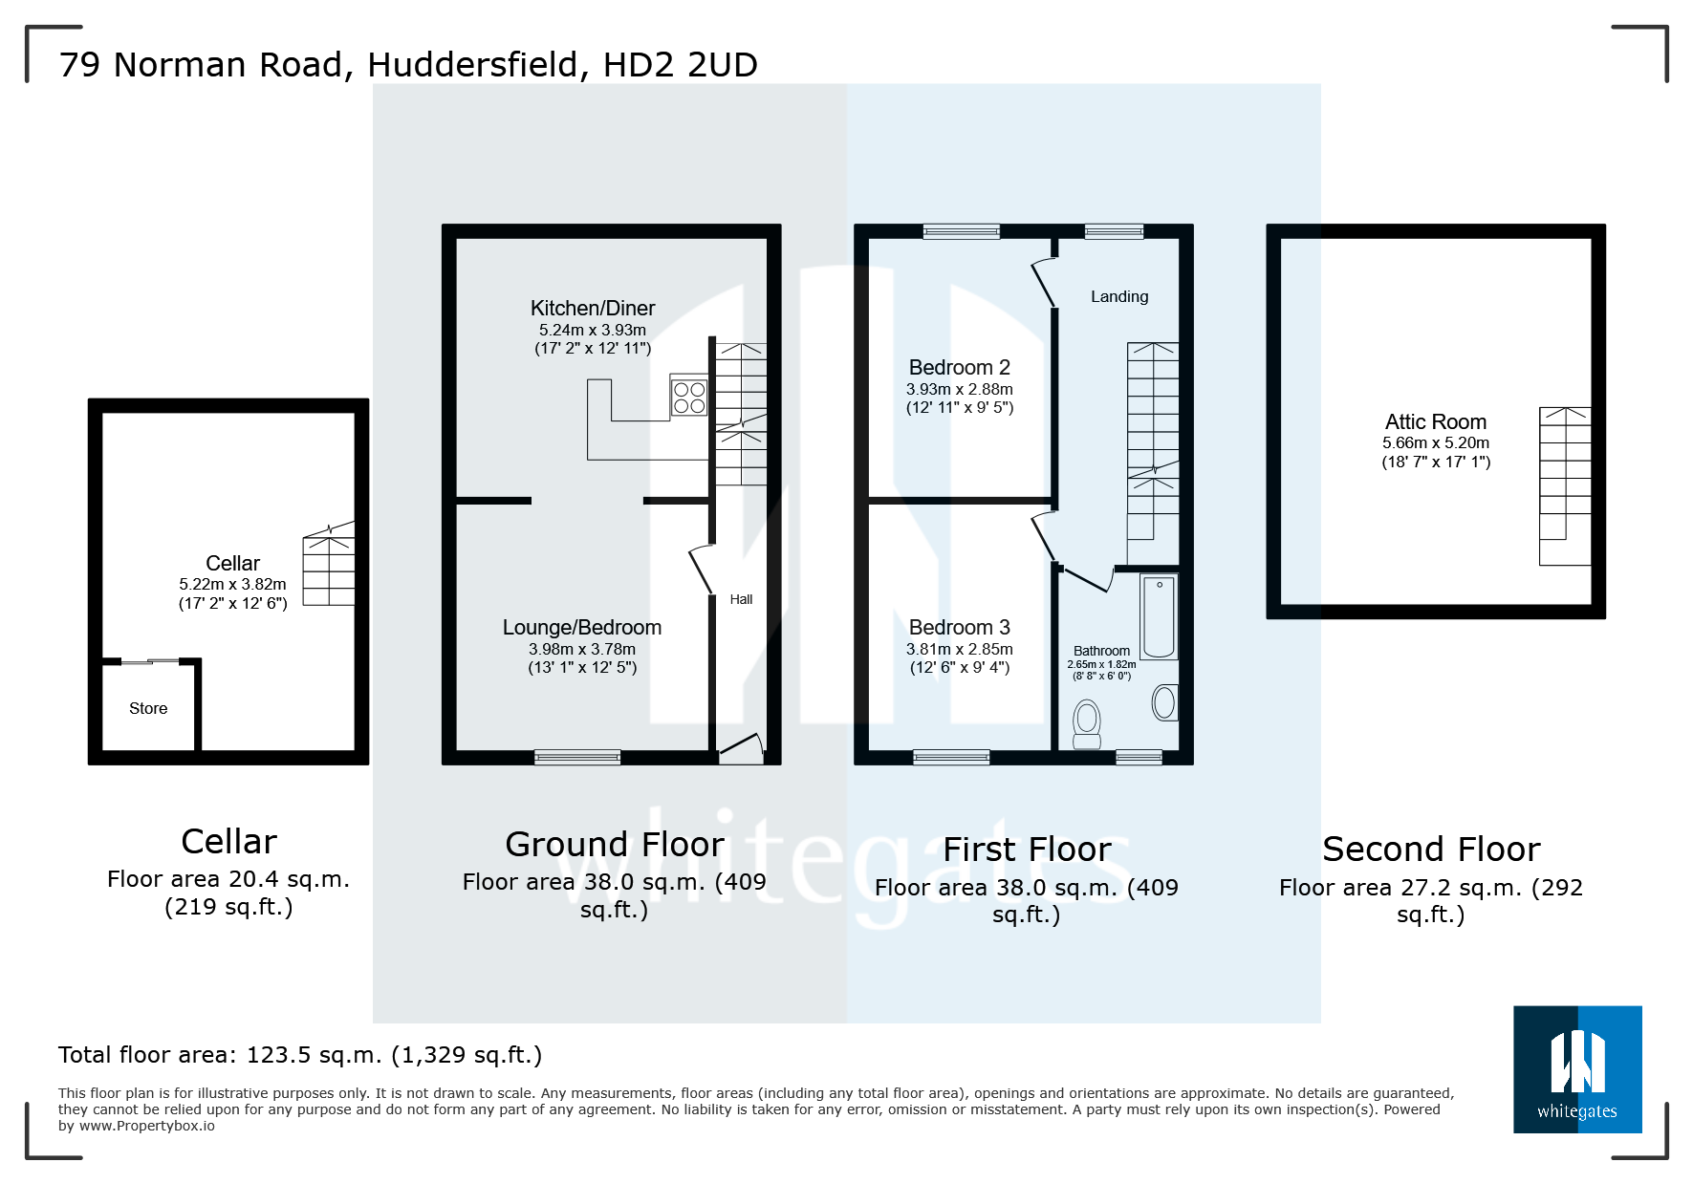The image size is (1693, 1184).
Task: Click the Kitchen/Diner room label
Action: [593, 309]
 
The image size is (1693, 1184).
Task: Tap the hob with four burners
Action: [689, 398]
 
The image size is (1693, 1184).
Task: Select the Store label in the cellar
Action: [148, 708]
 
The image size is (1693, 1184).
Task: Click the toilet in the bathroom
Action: [1087, 723]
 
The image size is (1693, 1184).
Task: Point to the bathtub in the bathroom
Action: [1159, 617]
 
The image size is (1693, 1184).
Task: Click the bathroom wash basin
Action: [1164, 702]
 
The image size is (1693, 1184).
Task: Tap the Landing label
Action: [1119, 296]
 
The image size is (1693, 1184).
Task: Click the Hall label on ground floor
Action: [741, 599]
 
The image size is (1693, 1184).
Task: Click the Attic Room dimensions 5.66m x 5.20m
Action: [1435, 443]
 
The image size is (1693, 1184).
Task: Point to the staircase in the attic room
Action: [1564, 485]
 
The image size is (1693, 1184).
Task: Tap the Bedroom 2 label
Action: [959, 368]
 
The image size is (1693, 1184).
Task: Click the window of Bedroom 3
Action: [951, 758]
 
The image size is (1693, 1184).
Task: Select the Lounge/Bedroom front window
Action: [577, 758]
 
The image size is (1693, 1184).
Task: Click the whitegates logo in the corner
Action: [1576, 1068]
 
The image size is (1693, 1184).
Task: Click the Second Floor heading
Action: [1430, 849]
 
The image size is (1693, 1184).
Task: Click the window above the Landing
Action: [1114, 231]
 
